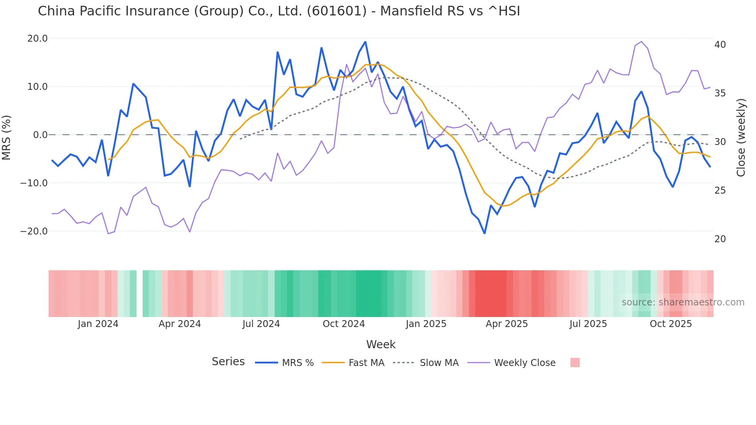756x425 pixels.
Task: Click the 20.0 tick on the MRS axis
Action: click(x=37, y=39)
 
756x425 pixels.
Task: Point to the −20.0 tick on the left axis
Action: click(x=34, y=231)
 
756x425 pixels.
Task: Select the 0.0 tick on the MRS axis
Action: click(x=40, y=135)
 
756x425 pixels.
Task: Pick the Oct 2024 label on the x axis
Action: click(x=343, y=324)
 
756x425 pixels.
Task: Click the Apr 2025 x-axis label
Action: click(x=506, y=324)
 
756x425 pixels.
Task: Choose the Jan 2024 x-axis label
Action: click(x=98, y=324)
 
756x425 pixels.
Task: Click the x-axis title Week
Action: click(x=381, y=344)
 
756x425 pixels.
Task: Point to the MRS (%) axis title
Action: click(x=7, y=137)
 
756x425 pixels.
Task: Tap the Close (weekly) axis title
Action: click(x=741, y=138)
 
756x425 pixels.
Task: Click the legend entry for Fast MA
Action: click(x=366, y=363)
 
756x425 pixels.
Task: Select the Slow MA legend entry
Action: click(x=439, y=363)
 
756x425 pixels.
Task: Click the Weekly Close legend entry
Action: click(x=525, y=363)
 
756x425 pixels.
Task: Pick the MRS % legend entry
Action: click(x=297, y=363)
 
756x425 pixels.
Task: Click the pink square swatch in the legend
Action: click(x=575, y=363)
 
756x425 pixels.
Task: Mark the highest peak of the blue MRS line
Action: click(x=365, y=42)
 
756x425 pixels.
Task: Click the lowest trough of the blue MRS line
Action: click(x=484, y=233)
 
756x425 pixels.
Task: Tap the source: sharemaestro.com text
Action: click(x=683, y=302)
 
